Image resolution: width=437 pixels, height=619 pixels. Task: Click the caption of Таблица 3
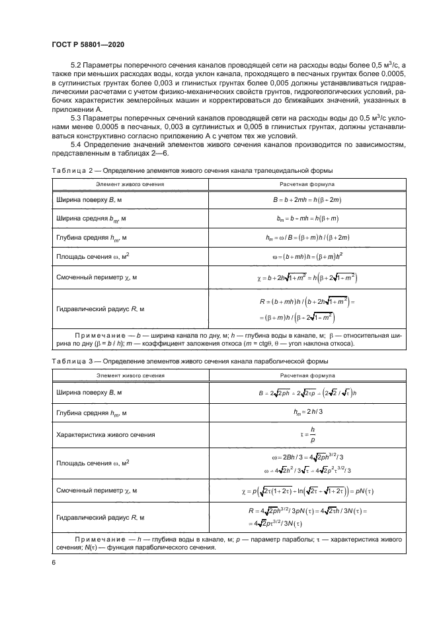190,360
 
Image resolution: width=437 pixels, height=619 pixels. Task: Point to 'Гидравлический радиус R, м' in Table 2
99,309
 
